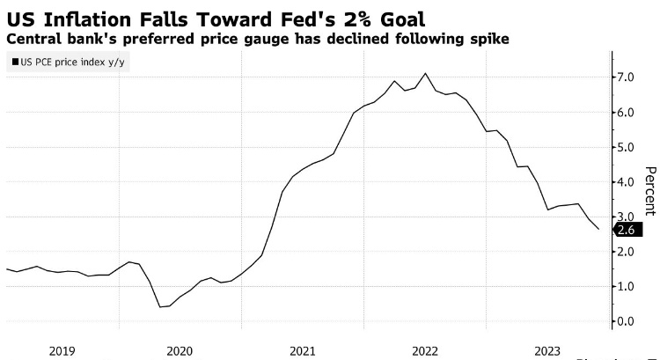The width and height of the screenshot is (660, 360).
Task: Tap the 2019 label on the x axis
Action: (x=62, y=350)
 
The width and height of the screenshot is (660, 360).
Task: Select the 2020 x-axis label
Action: (x=180, y=350)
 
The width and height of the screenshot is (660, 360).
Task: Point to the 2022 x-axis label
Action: (x=424, y=350)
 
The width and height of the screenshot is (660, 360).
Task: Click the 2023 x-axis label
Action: (x=547, y=350)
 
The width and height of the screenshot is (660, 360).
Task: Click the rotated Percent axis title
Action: (x=650, y=190)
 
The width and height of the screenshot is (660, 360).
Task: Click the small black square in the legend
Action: (x=15, y=61)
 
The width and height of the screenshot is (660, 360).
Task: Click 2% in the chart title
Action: (x=313, y=18)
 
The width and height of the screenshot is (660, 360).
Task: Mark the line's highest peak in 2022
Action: (x=426, y=73)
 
